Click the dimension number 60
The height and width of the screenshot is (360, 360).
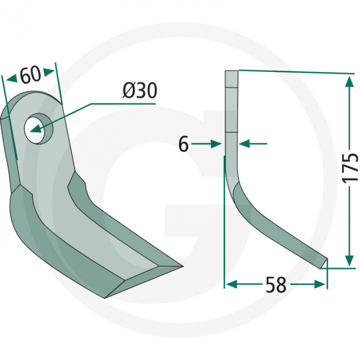(30, 75)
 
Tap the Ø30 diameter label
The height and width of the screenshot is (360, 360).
(139, 91)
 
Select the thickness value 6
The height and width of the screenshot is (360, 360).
(184, 145)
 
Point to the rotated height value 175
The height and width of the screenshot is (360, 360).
(350, 167)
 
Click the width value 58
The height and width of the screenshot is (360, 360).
(276, 284)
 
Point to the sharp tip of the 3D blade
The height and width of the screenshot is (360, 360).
(181, 266)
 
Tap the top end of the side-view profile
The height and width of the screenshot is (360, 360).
(231, 72)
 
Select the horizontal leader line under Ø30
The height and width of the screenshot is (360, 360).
(123, 103)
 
